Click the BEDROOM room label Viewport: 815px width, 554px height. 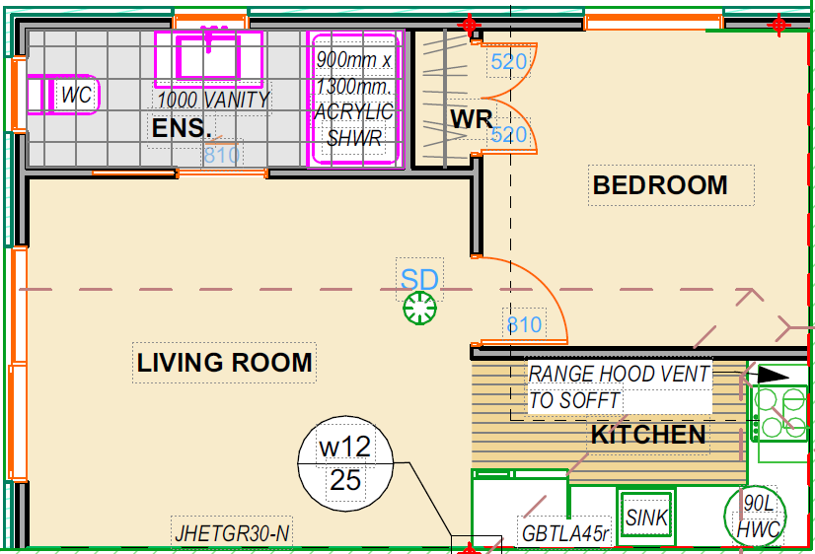(x=660, y=185)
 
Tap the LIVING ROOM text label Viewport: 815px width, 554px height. (x=225, y=363)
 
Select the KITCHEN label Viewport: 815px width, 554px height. (x=648, y=435)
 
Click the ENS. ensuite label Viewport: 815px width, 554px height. (x=182, y=128)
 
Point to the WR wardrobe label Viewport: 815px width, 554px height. (x=471, y=119)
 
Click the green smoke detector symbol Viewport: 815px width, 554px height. (x=419, y=309)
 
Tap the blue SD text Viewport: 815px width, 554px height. (x=419, y=280)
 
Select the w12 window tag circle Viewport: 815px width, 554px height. (x=345, y=463)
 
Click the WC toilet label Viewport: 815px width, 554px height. (x=76, y=95)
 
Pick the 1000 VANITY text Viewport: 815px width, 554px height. (x=213, y=100)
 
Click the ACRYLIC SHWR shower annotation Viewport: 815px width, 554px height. (x=354, y=125)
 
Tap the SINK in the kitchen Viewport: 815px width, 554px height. (x=646, y=518)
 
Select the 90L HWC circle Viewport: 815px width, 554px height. (x=755, y=517)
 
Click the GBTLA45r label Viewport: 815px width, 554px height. (x=565, y=533)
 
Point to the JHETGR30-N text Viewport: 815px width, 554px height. (x=232, y=533)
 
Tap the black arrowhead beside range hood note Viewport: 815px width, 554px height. (x=774, y=375)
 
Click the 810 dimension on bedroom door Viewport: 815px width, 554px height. (x=525, y=325)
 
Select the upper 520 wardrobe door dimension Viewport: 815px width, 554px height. (x=509, y=62)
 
